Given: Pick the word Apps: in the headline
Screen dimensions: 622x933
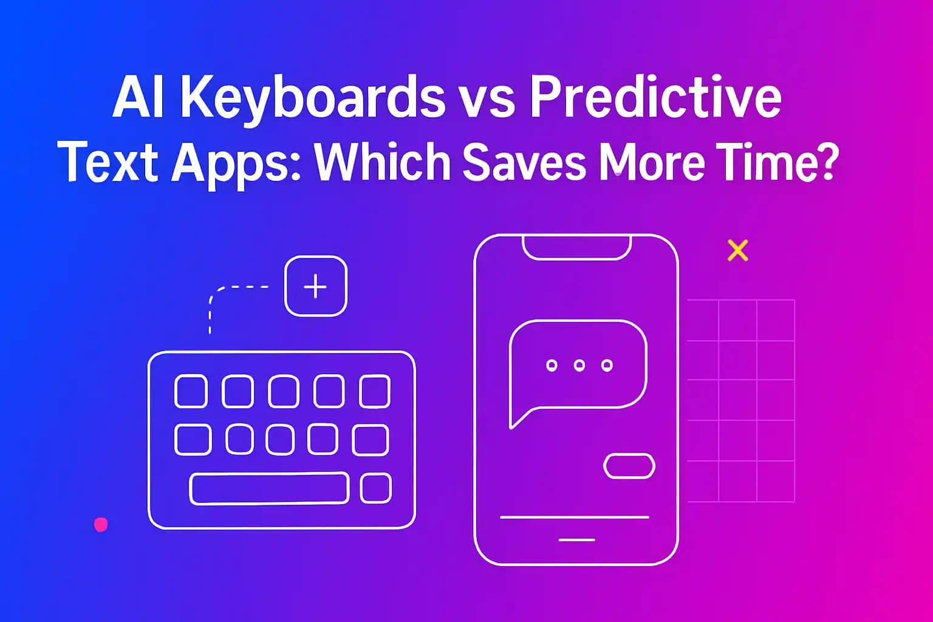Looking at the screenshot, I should click(x=236, y=163).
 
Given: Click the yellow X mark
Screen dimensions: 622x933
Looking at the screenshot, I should click(x=737, y=250).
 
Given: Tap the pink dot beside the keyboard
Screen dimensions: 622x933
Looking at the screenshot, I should click(x=101, y=524).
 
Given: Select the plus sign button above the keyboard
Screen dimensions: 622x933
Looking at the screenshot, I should click(x=315, y=286).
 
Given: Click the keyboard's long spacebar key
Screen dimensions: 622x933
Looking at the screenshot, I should click(x=269, y=488).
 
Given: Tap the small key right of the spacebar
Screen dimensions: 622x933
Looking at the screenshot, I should click(x=375, y=488).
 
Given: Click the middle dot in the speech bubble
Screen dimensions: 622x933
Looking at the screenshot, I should click(x=579, y=365).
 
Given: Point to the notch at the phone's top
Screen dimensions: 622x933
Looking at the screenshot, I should click(x=577, y=248).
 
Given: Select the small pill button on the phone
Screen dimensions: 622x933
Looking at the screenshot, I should click(x=629, y=466).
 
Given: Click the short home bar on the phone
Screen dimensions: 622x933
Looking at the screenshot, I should click(x=576, y=539).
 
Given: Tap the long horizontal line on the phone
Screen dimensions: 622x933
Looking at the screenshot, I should click(x=574, y=517).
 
